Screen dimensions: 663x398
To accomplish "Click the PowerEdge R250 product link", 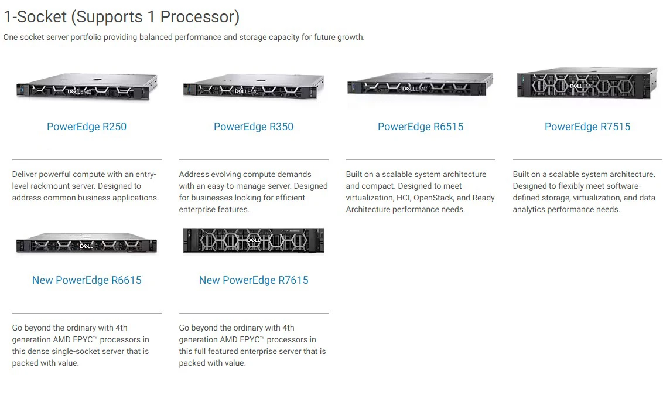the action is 87,127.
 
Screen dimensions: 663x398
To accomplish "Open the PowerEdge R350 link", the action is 254,127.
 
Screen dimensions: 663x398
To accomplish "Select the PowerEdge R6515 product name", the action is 421,127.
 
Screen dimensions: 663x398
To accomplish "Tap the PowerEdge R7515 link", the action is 587,127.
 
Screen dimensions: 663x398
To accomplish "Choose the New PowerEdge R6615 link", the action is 87,280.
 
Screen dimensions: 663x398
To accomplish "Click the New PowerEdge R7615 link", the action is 254,280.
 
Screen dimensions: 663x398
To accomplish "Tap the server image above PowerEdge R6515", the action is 421,86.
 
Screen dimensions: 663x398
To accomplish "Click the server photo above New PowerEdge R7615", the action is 254,241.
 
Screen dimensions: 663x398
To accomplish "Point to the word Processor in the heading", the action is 198,17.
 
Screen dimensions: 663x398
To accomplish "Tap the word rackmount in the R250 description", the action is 53,186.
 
